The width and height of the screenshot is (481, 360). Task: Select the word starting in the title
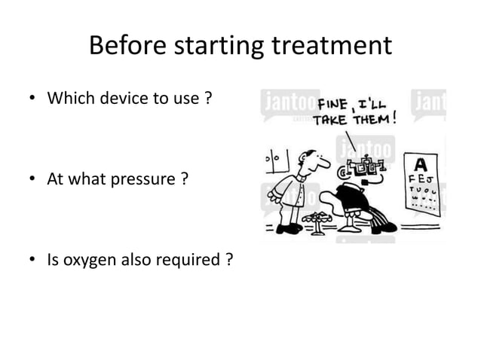(x=213, y=46)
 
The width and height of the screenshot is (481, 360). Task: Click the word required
(x=194, y=261)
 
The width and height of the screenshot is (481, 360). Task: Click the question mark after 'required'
(x=228, y=261)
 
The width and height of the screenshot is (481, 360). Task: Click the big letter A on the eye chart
(x=421, y=163)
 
